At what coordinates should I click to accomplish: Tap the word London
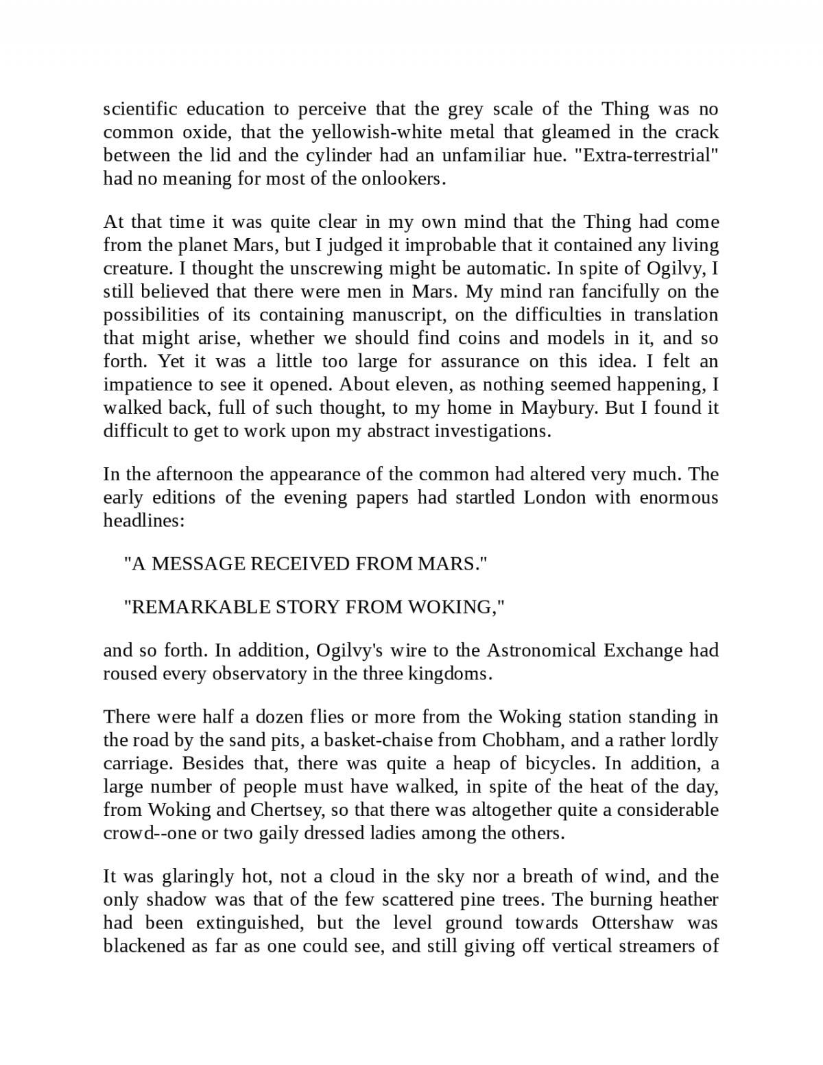click(x=554, y=498)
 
